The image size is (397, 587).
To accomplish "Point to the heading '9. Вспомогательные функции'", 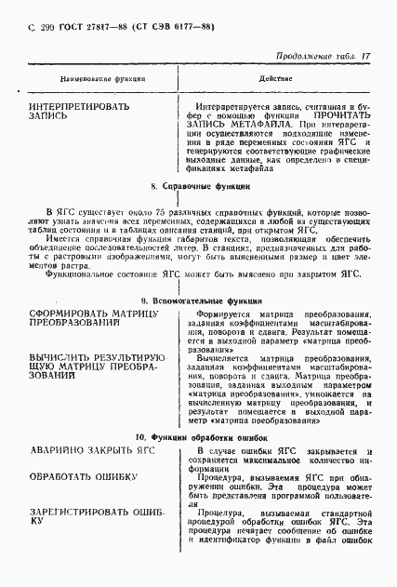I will point(200,302).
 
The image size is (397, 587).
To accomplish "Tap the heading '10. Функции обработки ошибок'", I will point(200,436).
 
